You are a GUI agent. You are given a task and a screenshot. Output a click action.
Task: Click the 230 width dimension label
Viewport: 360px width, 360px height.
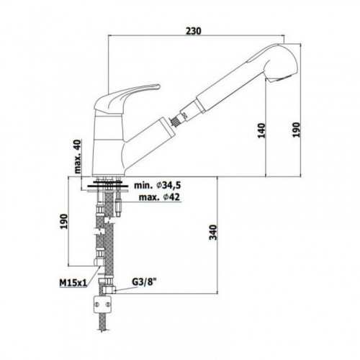pyautogui.click(x=194, y=31)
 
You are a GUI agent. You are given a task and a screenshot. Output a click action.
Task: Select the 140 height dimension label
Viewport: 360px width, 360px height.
pyautogui.click(x=261, y=130)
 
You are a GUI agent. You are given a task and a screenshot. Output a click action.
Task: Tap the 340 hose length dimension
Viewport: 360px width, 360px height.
pyautogui.click(x=213, y=232)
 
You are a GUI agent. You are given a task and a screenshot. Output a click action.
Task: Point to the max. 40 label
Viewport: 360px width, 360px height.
pyautogui.click(x=78, y=156)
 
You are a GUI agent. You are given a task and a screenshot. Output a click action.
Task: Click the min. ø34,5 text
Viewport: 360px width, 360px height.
pyautogui.click(x=157, y=185)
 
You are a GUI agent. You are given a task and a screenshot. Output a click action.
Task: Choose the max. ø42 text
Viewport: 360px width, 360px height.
pyautogui.click(x=159, y=197)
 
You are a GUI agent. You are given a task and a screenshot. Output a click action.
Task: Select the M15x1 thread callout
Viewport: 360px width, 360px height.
pyautogui.click(x=73, y=283)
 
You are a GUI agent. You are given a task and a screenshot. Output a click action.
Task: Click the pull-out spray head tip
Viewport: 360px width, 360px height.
pyautogui.click(x=284, y=63)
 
